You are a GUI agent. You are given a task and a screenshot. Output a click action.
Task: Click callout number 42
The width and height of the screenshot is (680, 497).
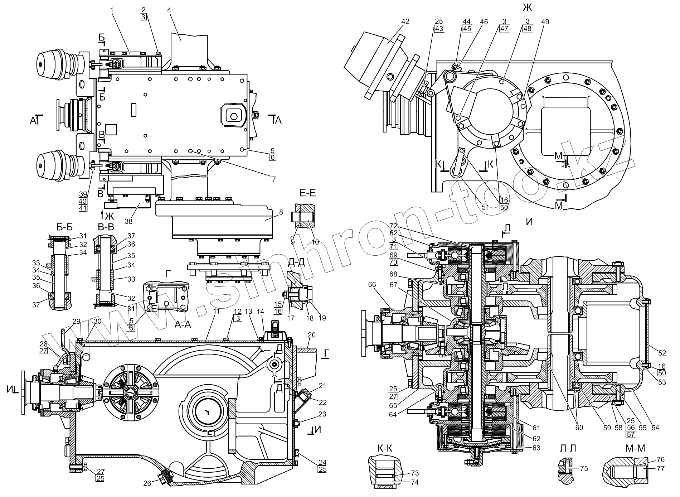[405, 22]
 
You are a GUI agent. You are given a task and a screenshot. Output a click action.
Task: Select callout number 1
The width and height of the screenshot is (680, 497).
[112, 10]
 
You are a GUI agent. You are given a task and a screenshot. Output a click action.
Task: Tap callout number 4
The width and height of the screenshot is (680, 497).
[169, 10]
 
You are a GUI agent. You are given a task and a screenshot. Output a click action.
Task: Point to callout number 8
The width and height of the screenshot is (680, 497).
[281, 212]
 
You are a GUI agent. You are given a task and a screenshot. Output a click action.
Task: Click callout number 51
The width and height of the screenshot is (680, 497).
[485, 207]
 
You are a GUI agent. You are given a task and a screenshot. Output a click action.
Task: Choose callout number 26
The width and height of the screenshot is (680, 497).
[147, 483]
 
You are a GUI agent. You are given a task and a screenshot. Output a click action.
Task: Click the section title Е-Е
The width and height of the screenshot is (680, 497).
[307, 193]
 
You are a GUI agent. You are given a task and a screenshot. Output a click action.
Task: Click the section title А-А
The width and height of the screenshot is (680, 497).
[183, 324]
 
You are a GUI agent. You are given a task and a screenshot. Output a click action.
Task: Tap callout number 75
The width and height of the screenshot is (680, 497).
[584, 468]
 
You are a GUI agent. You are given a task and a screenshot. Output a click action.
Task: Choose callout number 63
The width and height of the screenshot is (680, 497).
[536, 448]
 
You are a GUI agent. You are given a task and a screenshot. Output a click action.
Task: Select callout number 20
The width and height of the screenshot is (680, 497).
[311, 335]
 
